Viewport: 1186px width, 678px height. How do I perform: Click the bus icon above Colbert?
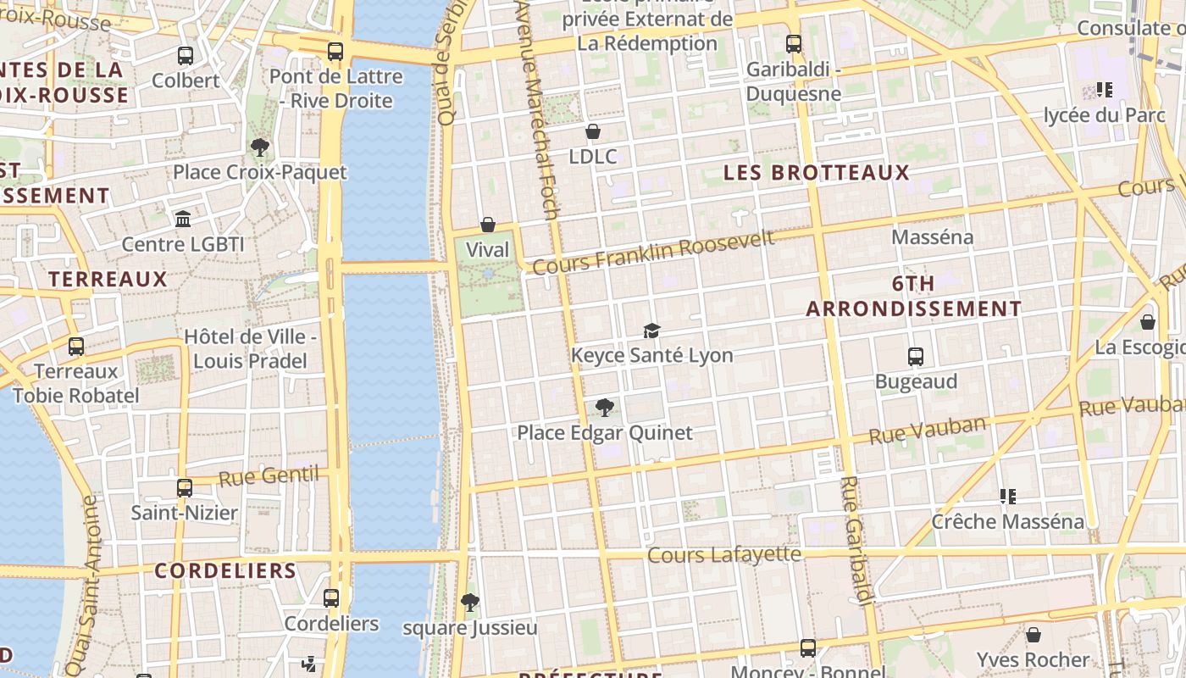coord(186,56)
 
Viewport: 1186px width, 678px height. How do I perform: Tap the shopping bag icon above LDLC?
coord(593,131)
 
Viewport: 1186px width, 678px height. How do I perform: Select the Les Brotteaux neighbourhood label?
coord(816,173)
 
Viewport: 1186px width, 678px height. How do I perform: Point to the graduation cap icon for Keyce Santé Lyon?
coord(651,331)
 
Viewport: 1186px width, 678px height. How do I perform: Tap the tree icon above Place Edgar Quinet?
coord(604,408)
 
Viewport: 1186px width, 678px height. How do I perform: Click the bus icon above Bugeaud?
coord(916,357)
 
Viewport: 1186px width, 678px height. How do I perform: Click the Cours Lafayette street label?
coord(724,554)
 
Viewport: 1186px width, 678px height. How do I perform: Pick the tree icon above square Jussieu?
coord(470,603)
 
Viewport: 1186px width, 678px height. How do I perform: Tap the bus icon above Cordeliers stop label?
coord(331,598)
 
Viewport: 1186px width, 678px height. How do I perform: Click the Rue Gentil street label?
coord(269,476)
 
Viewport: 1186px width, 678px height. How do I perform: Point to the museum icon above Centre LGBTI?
coord(183,220)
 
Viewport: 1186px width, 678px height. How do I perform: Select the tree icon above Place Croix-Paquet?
coord(260,147)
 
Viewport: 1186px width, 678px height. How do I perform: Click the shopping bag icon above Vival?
coord(488,225)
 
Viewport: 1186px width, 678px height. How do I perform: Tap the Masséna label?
coord(932,236)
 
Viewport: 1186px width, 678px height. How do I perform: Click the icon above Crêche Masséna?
coord(1007,496)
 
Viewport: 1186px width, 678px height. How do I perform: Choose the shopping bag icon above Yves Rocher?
coord(1034,635)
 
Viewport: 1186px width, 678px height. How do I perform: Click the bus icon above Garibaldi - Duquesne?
coord(794,44)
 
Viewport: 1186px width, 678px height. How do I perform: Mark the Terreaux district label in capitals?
coord(108,279)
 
